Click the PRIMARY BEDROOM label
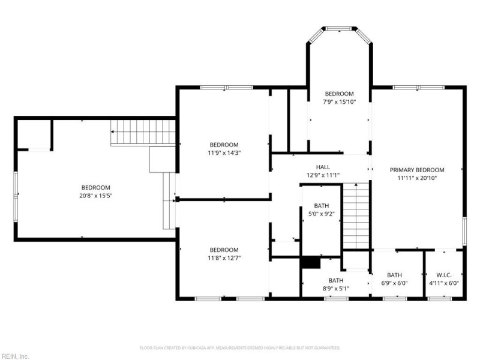pos(416,170)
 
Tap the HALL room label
pos(323,167)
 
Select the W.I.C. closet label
pos(444,275)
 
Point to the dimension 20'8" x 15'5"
pos(96,196)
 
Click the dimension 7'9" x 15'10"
pos(339,102)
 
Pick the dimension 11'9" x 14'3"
pos(224,153)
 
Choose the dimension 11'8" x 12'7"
pos(224,258)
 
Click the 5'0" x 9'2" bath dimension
pos(322,214)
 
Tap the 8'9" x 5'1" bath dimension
pos(336,289)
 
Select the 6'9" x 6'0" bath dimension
pos(394,283)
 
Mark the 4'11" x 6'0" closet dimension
pos(444,283)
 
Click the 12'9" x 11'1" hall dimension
pos(323,175)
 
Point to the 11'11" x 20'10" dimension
pos(416,178)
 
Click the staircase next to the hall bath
pos(356,216)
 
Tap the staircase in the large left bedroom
pos(143,132)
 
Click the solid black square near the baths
pos(311,263)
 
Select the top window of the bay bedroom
pos(339,29)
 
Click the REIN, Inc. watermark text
pos(14,356)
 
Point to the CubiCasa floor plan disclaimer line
pos(240,348)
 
